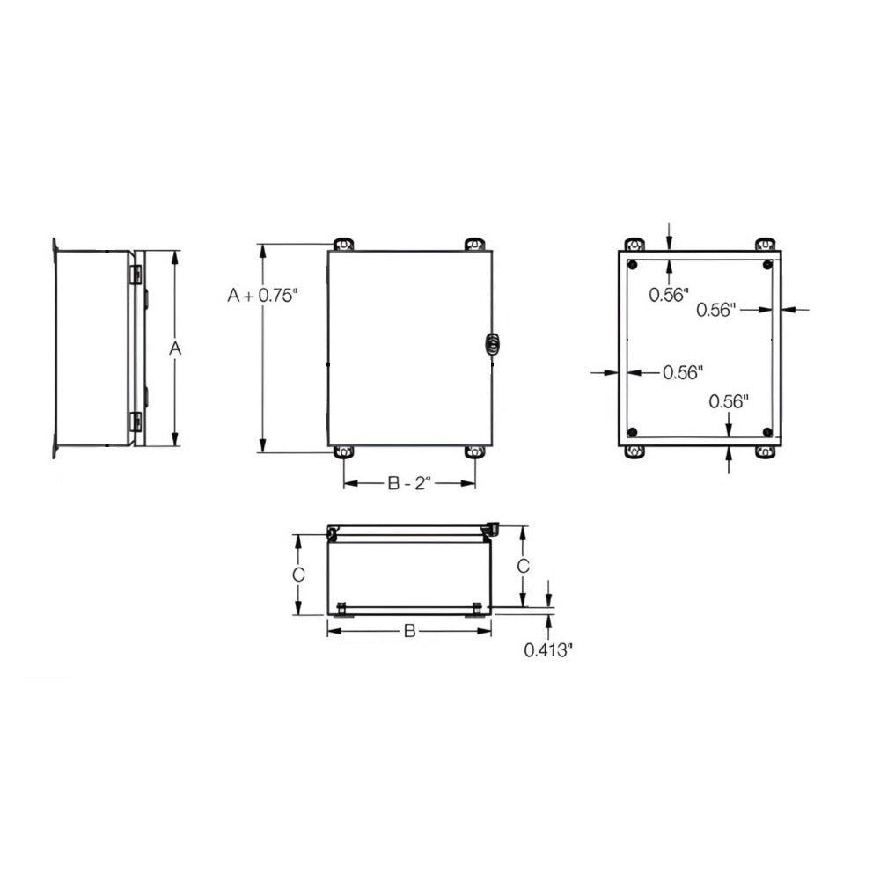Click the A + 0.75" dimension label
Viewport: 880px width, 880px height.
tap(263, 296)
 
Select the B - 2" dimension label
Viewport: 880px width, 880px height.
tap(408, 483)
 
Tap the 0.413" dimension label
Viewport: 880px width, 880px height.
tap(548, 650)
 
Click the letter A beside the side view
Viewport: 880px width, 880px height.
tap(175, 349)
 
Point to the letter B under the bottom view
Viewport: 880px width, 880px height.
tap(409, 631)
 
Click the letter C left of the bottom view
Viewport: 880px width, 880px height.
tap(298, 575)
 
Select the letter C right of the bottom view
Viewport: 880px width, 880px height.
tap(523, 566)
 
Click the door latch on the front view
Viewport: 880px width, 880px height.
tap(491, 343)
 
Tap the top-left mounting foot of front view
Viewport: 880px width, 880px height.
tap(343, 243)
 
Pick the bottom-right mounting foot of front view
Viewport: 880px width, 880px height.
tap(475, 452)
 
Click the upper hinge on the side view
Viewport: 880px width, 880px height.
tap(136, 274)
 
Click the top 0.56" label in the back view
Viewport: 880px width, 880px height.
tap(668, 296)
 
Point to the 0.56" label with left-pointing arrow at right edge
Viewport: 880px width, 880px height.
tap(715, 309)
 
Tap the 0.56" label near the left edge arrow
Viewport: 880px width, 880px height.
tap(682, 373)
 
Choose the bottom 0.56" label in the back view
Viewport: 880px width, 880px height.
tap(729, 402)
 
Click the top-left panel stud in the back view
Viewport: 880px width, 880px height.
tap(633, 264)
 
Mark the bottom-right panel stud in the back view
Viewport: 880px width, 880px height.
tap(767, 432)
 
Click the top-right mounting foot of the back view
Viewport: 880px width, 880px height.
tap(766, 244)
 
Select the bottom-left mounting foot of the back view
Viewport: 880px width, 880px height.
tap(634, 452)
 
